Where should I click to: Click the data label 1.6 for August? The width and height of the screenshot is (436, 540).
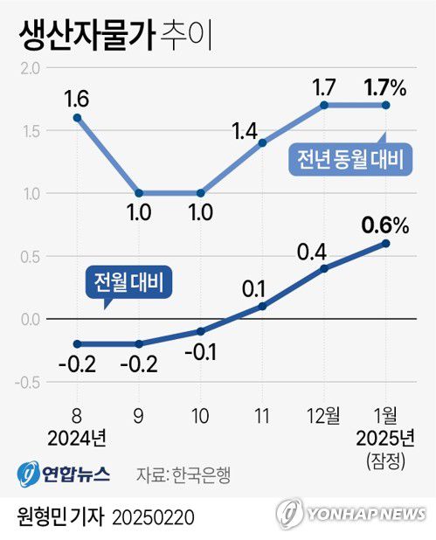tap(77, 93)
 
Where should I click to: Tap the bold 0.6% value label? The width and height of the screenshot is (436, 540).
tap(385, 225)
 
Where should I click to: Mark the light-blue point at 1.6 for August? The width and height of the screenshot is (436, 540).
tap(77, 118)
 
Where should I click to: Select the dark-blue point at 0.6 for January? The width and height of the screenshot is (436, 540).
tap(386, 243)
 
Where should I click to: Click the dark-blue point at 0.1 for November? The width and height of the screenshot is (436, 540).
tap(263, 306)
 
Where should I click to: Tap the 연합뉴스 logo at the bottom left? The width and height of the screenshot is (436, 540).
tap(64, 474)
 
